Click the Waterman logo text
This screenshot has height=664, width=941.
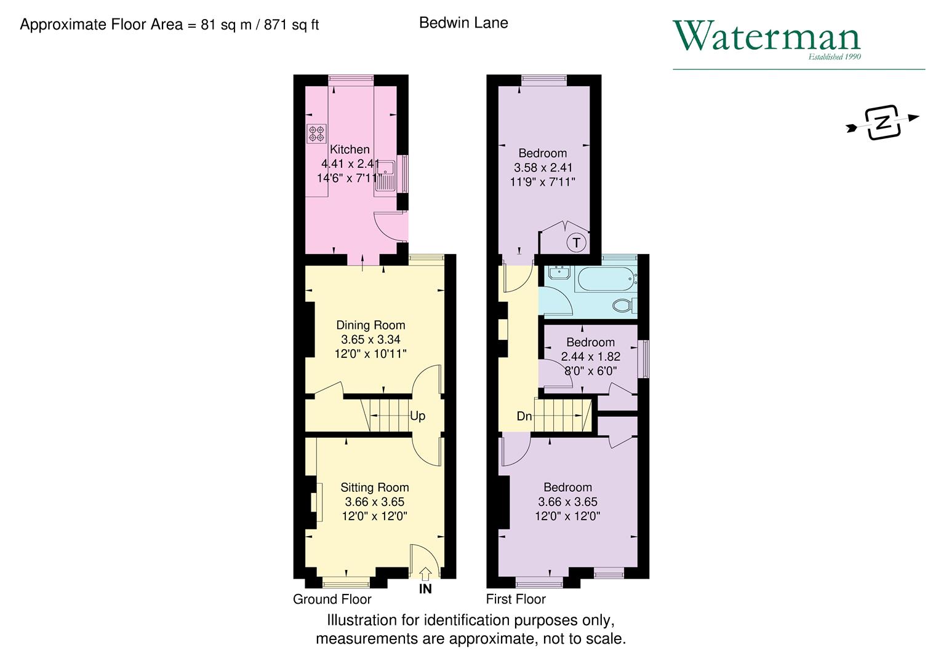pos(766,37)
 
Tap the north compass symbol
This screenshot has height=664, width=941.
pos(883,122)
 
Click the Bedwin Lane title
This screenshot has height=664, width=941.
pos(463,23)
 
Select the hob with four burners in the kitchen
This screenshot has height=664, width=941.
pos(316,133)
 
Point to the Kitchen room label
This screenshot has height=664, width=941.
pos(350,149)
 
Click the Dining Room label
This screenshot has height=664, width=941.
pos(370,325)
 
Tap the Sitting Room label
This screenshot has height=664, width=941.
pos(374,488)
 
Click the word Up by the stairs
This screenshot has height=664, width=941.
pos(417,416)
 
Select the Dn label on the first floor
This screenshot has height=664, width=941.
pos(524,416)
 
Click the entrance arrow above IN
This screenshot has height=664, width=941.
pos(425,573)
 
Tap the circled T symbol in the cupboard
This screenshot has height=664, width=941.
pos(576,243)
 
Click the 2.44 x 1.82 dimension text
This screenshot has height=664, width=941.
pos(590,357)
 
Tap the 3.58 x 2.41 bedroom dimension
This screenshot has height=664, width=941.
pos(543,168)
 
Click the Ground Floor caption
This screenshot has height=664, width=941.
pos(332,599)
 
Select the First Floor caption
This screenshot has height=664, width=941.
pos(516,599)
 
